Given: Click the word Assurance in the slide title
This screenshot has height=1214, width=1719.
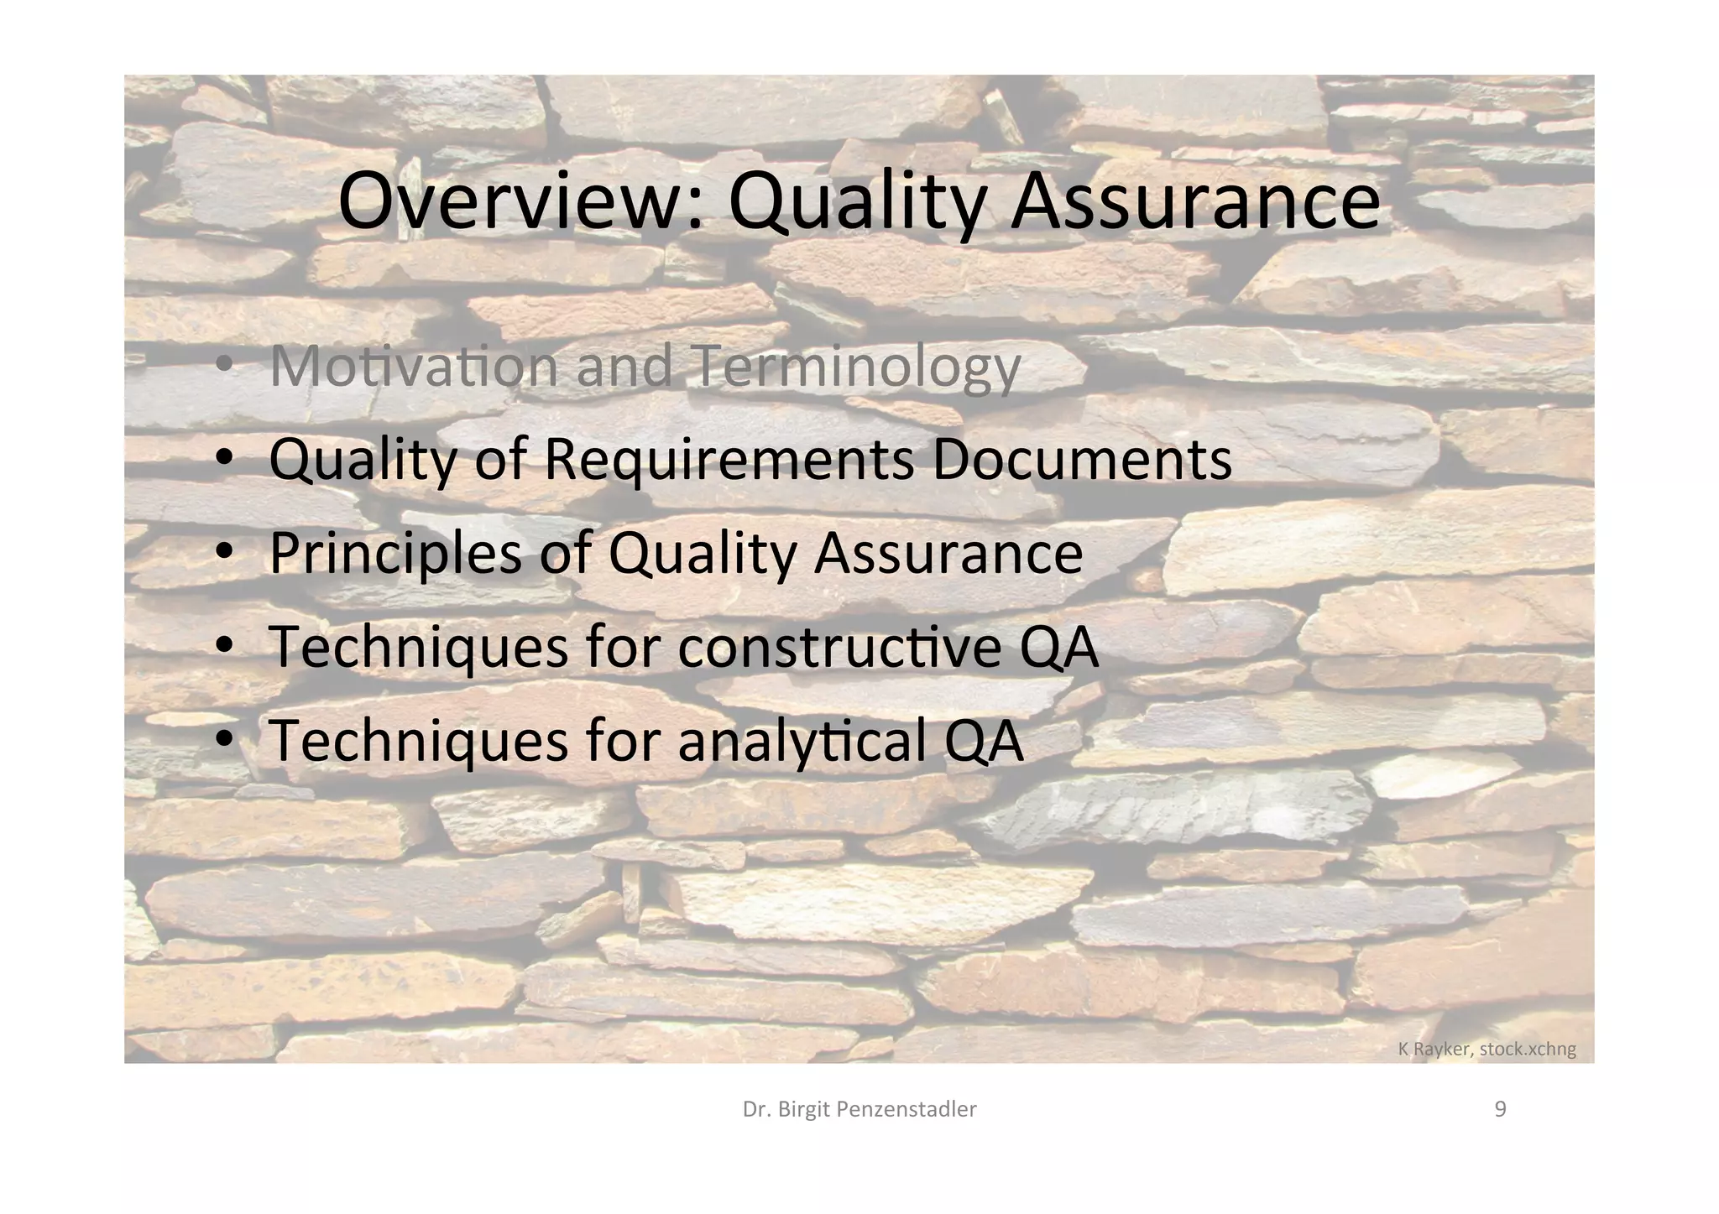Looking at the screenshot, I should (1195, 201).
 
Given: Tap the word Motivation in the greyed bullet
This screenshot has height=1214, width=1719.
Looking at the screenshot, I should (414, 366).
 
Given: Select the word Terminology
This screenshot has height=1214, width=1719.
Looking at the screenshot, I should (858, 367).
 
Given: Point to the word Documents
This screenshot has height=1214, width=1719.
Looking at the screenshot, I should (1082, 459).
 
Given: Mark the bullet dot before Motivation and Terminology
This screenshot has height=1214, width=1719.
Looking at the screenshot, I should (224, 366).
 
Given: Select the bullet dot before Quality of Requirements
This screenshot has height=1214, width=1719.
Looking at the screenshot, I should (224, 460).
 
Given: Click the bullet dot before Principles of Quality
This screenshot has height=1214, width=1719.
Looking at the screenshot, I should (224, 554).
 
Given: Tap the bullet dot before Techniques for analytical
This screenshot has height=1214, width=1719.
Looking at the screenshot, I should (224, 740).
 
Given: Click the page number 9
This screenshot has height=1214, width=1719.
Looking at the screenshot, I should (1501, 1109).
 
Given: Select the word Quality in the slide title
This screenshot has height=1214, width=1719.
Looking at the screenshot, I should (856, 201).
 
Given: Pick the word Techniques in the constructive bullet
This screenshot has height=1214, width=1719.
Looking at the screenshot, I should (418, 647).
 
